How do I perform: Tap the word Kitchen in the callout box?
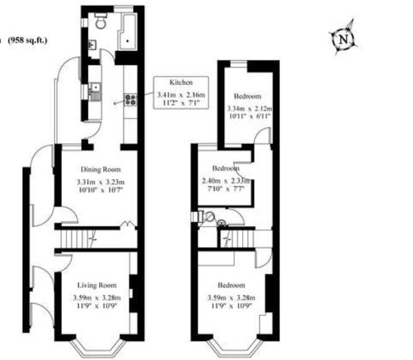[181, 82]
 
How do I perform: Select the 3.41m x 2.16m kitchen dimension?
[181, 94]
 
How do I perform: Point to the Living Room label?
[97, 285]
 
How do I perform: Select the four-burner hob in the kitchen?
[131, 99]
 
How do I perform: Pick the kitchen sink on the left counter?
[93, 94]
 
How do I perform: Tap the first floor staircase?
[239, 238]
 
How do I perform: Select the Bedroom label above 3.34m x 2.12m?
[247, 96]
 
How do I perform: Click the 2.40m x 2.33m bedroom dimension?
[225, 181]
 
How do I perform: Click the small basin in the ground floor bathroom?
[92, 45]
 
